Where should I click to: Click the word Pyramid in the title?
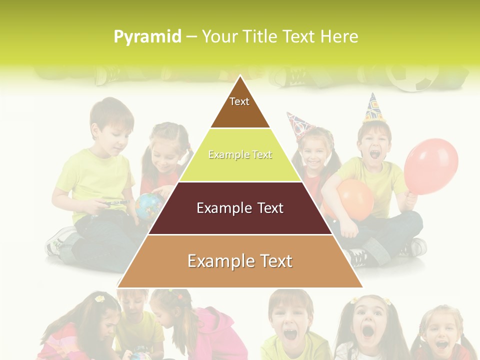(x=147, y=37)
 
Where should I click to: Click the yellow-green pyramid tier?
(x=240, y=155)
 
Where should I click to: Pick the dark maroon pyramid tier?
(x=240, y=208)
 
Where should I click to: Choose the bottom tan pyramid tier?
(x=240, y=261)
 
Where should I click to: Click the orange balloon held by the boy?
(x=356, y=199)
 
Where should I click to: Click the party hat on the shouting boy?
(x=372, y=108)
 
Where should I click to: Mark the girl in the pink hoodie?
(x=215, y=330)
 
